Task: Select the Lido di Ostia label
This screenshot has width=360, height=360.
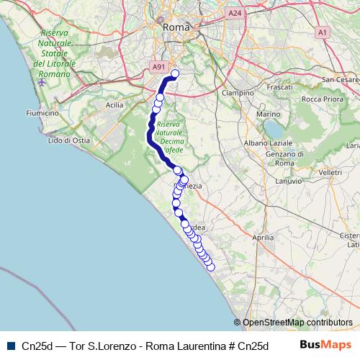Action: pos(68,140)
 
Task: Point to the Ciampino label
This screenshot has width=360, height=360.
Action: pos(238,93)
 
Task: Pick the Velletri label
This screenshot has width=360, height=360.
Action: pos(330,173)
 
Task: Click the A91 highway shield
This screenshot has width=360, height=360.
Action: pos(158,67)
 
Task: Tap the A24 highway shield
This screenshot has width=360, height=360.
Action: pos(234,13)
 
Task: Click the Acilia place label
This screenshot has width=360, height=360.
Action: pos(114,104)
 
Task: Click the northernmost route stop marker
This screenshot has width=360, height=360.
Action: pos(174,73)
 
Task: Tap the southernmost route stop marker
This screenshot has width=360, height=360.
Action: pos(211,267)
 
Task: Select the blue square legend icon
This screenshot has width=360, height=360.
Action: pos(11,346)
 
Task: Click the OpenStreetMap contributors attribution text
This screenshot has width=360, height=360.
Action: pos(297,323)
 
